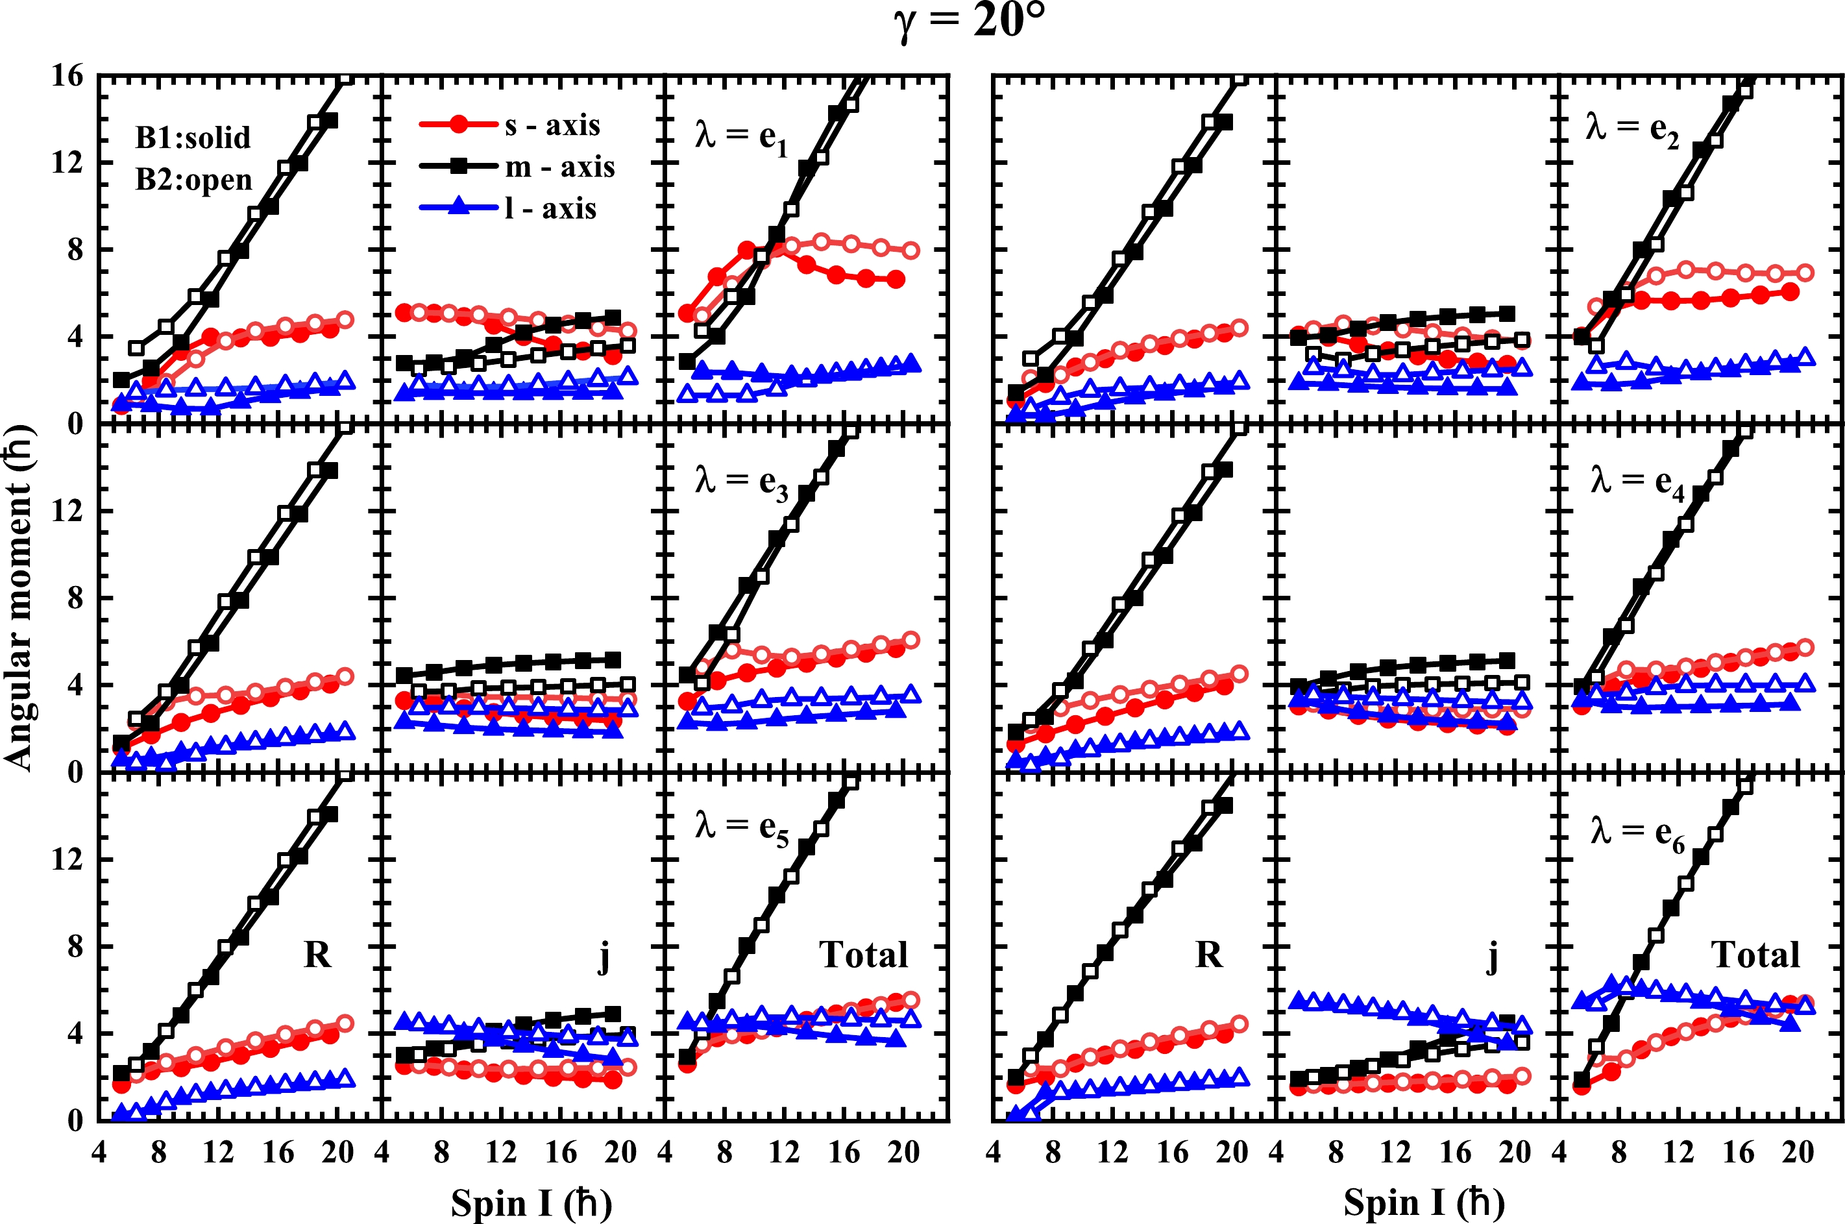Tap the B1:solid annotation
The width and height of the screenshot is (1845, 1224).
pyautogui.click(x=193, y=138)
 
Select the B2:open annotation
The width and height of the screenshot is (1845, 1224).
pyautogui.click(x=193, y=180)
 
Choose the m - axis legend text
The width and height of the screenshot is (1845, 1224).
pyautogui.click(x=559, y=167)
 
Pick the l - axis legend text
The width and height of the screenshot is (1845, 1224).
pyautogui.click(x=550, y=209)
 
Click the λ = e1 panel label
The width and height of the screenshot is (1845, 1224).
pyautogui.click(x=740, y=138)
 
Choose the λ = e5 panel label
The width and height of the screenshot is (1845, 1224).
pyautogui.click(x=740, y=829)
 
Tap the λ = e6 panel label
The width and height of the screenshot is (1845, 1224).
pyautogui.click(x=1637, y=834)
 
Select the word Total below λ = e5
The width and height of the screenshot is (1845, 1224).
pyautogui.click(x=863, y=955)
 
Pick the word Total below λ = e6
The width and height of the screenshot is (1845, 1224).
pyautogui.click(x=1755, y=955)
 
